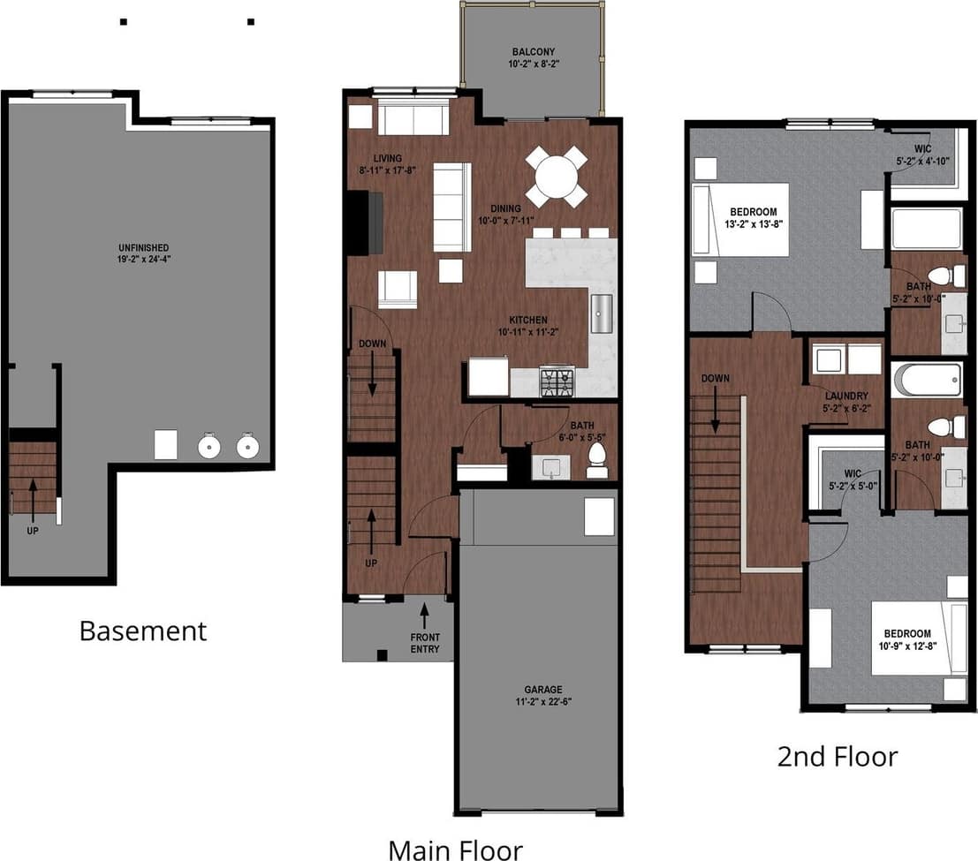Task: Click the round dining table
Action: click(557, 177)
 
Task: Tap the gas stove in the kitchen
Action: click(557, 381)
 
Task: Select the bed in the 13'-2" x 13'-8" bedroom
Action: click(740, 219)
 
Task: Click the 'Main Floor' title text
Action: click(455, 850)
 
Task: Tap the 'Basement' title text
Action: click(142, 631)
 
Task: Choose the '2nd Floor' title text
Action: click(837, 756)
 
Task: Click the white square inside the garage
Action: click(598, 516)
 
